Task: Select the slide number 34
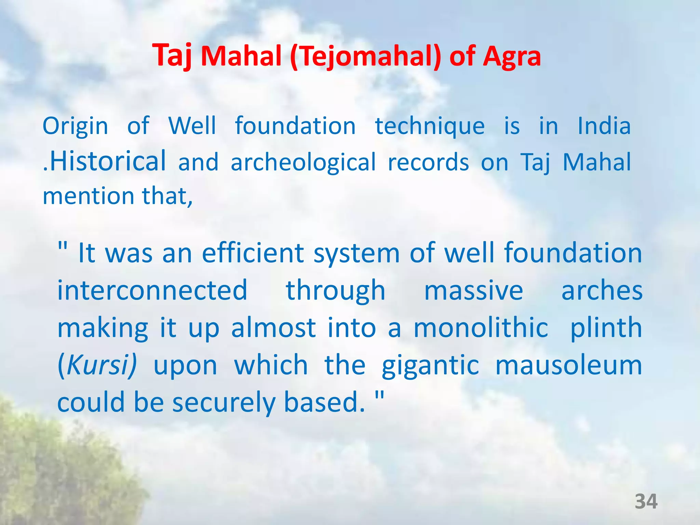click(646, 501)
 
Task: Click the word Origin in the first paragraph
click(75, 126)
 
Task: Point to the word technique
click(430, 126)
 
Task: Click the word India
click(604, 126)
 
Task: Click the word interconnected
click(152, 290)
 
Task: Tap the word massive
click(473, 291)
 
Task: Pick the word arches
click(602, 291)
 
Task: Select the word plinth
click(606, 328)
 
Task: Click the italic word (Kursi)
click(97, 365)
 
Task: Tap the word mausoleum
click(569, 365)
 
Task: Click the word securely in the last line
click(224, 402)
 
